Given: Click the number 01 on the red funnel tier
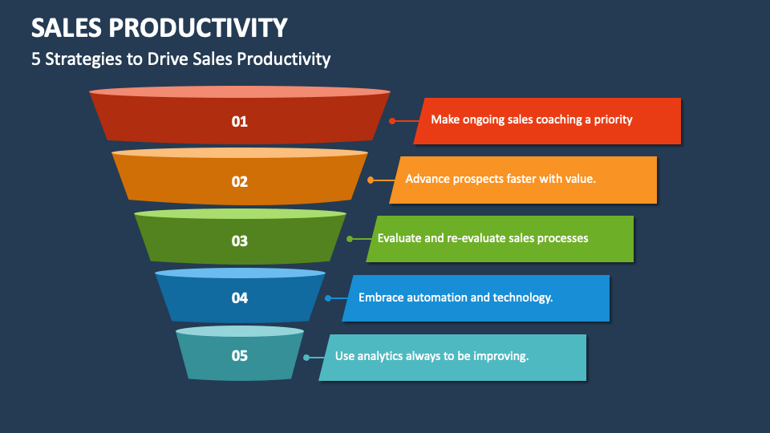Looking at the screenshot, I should point(240,122).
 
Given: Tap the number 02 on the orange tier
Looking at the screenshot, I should point(240,181).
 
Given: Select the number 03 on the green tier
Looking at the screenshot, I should point(240,241).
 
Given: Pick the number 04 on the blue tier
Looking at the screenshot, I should point(240,298).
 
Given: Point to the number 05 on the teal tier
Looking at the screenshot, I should point(240,355).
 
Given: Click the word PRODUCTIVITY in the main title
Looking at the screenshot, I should point(199,28).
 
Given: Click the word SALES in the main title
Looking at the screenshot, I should point(66,28).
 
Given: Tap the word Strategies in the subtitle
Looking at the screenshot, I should point(82,59).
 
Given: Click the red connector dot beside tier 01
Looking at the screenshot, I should point(392,121).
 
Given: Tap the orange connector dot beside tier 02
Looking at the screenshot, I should point(370,180).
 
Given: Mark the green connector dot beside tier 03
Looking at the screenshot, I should point(349,239).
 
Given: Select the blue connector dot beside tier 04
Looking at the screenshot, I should point(328,298).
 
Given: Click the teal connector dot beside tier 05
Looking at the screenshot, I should point(306,357).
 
